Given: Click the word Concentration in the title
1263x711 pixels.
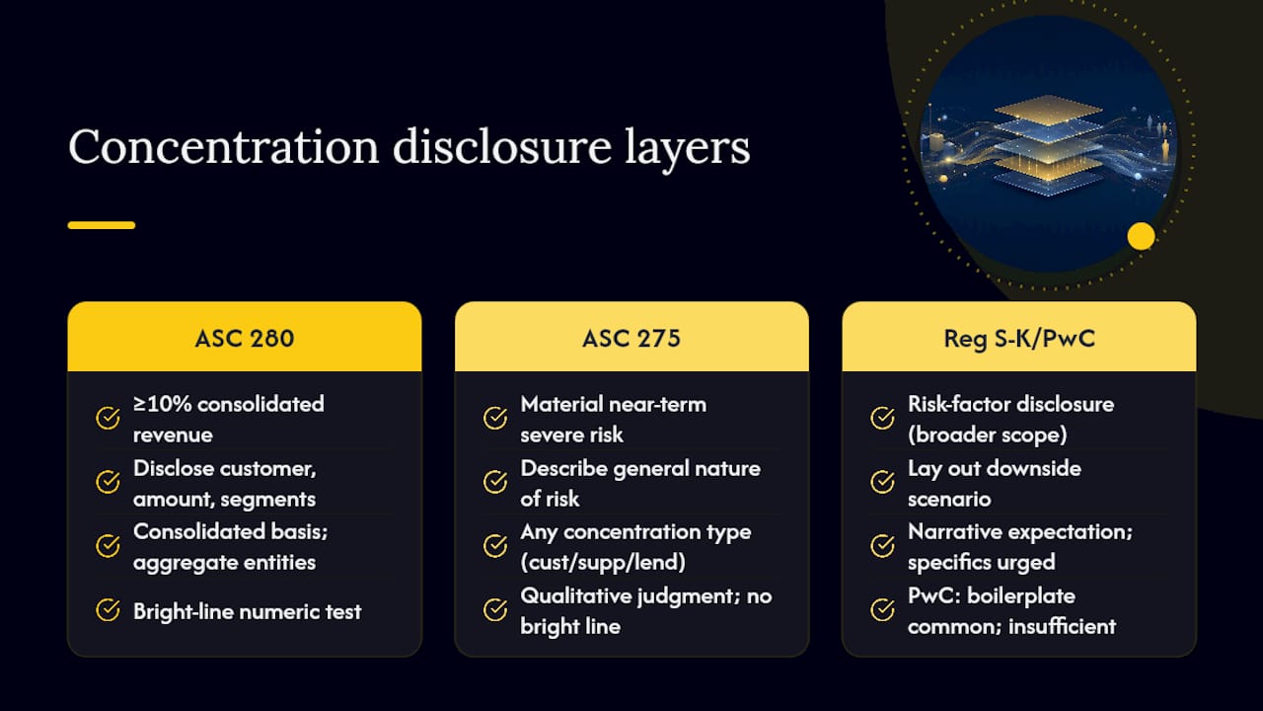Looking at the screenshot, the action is point(223,147).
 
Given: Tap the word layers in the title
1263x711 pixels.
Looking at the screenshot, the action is point(688,149).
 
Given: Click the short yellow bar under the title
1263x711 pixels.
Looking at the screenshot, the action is point(102,225).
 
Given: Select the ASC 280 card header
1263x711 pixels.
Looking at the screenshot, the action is point(244,337).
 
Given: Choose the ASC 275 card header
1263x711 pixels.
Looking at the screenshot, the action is point(631,337).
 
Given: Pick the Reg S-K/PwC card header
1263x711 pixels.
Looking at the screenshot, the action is point(1019,337).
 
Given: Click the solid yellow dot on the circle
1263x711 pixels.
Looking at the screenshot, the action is point(1142,236).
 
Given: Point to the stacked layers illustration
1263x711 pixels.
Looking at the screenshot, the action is point(1048,144).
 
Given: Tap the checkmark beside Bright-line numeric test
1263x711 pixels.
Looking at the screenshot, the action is point(108,610).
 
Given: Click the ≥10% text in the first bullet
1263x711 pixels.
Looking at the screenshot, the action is point(163,404).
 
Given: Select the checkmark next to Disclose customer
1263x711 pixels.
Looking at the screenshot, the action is point(108,482).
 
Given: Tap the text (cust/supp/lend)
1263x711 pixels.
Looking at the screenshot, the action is point(603,563).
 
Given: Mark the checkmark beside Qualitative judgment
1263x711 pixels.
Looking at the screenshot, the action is point(495,610).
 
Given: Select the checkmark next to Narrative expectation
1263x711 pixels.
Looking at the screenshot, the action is point(882,546).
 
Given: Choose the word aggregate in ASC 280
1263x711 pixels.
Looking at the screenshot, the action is point(182,563).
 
